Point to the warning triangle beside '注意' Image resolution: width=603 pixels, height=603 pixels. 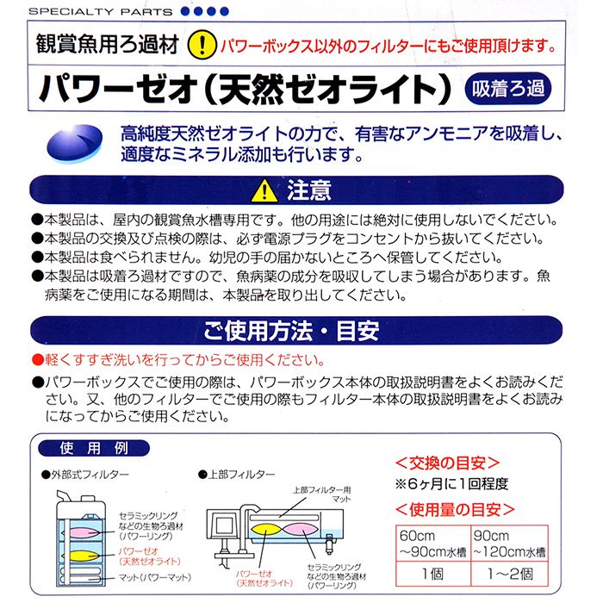[x=261, y=190]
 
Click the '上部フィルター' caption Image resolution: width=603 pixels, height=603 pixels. [x=241, y=475]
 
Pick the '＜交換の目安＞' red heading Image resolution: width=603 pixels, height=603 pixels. [x=446, y=462]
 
